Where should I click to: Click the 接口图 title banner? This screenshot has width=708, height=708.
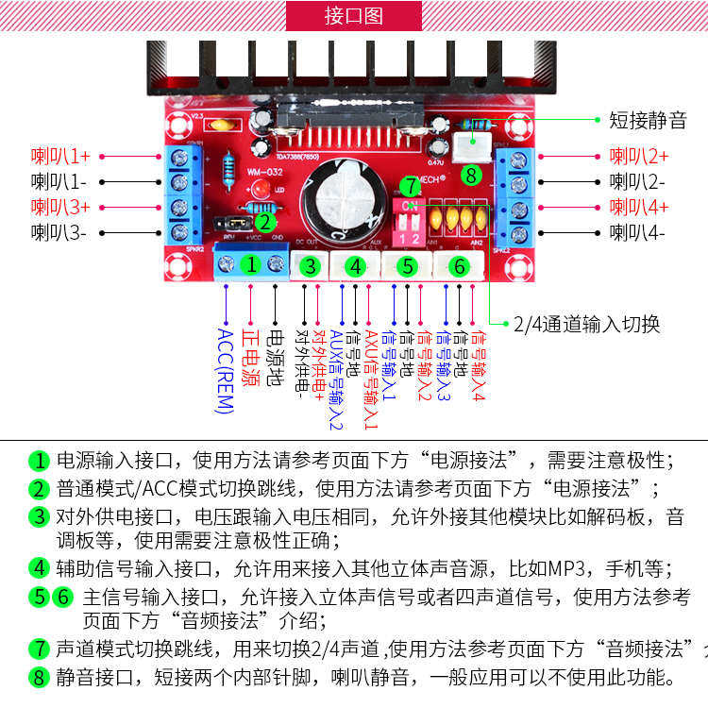point(353,16)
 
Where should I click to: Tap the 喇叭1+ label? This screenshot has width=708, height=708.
point(60,156)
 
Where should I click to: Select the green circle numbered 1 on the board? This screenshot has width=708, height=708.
point(251,265)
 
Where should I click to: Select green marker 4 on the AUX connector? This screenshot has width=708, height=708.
point(355,267)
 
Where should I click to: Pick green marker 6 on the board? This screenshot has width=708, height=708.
point(459,267)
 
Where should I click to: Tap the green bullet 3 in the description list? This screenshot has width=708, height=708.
point(39,516)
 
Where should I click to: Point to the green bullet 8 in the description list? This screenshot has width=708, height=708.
point(39,677)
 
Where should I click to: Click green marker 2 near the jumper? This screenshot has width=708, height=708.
point(265,223)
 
